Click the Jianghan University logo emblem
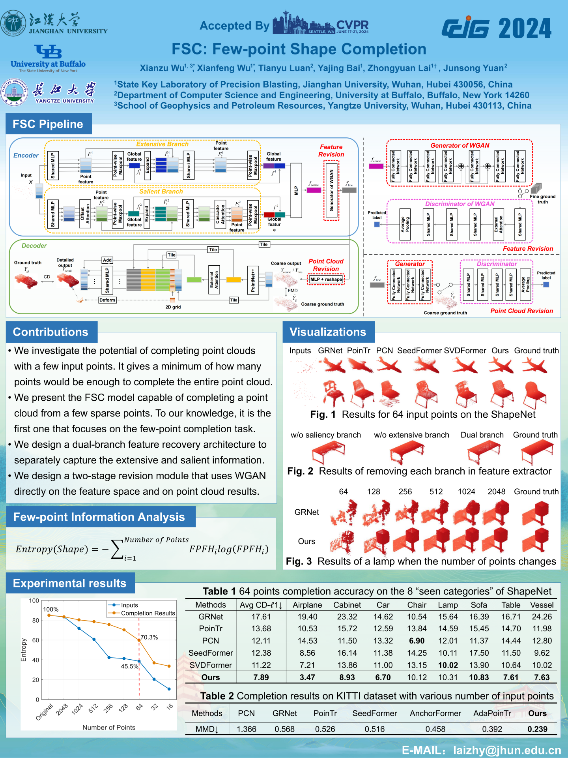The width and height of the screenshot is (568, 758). (x=13, y=23)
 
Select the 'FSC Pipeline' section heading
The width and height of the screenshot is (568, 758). (x=48, y=124)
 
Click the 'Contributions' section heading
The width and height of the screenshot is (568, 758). (x=50, y=332)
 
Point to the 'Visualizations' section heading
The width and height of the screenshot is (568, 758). (x=328, y=332)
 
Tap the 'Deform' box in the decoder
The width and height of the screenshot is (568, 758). (x=107, y=300)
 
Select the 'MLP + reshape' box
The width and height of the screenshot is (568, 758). (x=326, y=280)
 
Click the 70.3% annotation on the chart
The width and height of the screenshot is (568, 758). (x=149, y=637)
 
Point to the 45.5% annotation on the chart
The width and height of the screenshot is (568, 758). (x=129, y=666)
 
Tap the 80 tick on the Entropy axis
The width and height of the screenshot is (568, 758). (x=35, y=620)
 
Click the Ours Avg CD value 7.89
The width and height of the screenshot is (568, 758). (x=261, y=677)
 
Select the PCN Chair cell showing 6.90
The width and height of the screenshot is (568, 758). (x=417, y=641)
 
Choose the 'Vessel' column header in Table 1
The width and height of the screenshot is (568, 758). (x=542, y=605)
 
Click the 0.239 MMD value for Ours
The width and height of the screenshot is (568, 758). (x=537, y=729)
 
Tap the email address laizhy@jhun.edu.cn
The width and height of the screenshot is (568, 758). (x=507, y=750)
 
